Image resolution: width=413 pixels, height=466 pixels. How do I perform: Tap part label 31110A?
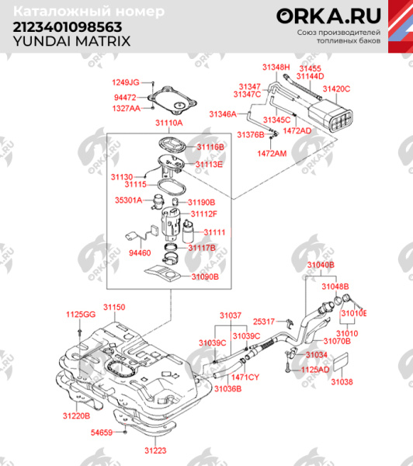point(168,123)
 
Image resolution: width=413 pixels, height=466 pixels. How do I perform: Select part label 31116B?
point(210,146)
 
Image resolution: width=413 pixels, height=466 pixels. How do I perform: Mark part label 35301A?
point(129,200)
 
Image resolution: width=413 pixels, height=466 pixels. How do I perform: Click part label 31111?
point(214,232)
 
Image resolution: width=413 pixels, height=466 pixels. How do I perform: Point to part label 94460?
point(140,252)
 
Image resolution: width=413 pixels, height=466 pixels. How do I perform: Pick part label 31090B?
point(206,276)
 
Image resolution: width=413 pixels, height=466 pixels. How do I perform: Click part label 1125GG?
point(80,314)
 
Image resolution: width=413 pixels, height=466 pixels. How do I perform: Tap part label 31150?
point(114,308)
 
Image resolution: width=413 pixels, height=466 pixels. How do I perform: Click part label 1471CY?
point(245,377)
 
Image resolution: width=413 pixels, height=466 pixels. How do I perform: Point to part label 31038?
point(342,382)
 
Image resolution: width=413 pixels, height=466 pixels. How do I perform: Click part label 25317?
point(264,321)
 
